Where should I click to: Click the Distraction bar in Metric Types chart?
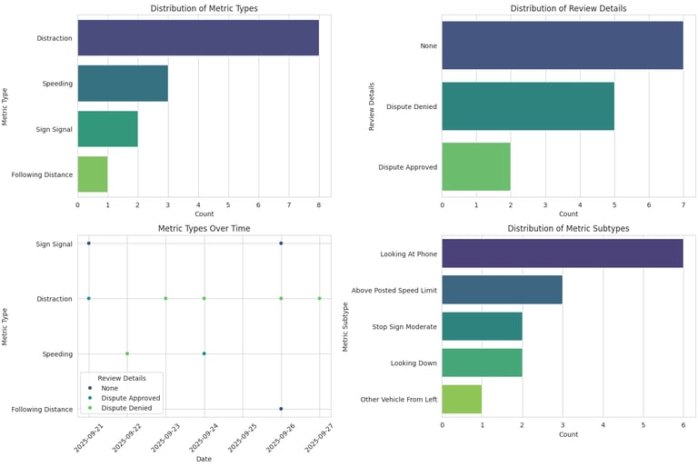click(198, 38)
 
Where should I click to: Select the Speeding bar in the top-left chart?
click(123, 84)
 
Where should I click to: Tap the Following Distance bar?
click(93, 174)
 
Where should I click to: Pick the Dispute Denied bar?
click(528, 106)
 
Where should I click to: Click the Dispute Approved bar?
click(476, 166)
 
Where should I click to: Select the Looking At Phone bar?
click(563, 253)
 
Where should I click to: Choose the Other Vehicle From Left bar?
click(462, 399)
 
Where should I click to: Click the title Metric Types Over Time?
click(204, 228)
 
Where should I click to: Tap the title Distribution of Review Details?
click(568, 8)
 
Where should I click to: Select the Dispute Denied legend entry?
click(129, 408)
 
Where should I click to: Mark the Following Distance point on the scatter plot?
click(281, 409)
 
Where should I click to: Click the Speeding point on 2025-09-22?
click(127, 353)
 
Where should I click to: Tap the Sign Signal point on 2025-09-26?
click(281, 243)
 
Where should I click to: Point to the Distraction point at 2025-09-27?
click(319, 298)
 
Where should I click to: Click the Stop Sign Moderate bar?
click(482, 326)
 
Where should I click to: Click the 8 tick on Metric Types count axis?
click(319, 206)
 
